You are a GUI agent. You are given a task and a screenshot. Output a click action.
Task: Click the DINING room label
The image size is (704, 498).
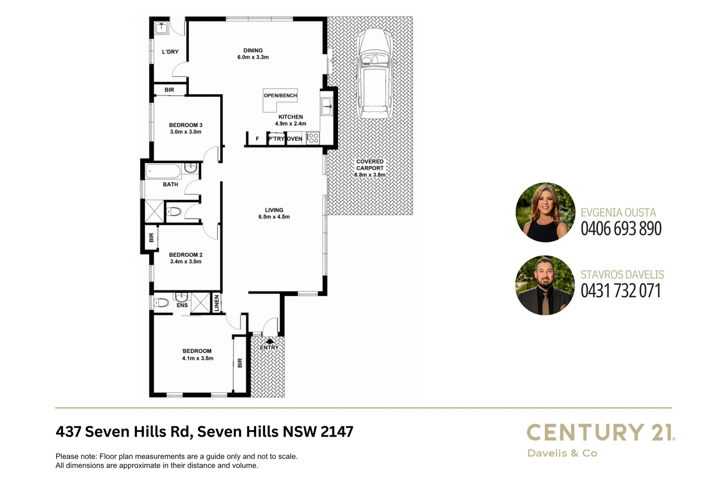pos(253,50)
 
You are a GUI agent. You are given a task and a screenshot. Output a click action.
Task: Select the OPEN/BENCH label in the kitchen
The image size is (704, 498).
pos(280,95)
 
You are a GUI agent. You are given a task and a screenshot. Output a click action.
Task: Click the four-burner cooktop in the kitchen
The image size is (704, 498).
pos(313,138)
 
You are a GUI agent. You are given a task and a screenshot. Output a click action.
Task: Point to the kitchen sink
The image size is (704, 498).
pos(326,107)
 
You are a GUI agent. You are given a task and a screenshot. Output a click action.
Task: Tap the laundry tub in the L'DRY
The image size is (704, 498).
pos(161,29)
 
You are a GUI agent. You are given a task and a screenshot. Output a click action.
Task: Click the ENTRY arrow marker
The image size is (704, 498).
pos(270,342)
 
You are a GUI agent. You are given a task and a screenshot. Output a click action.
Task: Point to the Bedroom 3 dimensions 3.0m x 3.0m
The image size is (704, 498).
pos(186,132)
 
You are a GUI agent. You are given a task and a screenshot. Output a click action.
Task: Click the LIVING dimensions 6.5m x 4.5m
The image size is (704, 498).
pos(274,217)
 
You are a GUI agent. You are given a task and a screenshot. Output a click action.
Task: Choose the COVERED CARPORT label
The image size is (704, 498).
pos(370,165)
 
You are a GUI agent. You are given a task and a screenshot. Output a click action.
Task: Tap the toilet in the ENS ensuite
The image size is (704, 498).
pos(161,303)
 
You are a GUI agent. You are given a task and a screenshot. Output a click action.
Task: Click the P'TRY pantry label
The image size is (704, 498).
pos(276,138)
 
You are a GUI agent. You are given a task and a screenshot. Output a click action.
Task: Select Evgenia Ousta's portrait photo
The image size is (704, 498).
pos(545,213)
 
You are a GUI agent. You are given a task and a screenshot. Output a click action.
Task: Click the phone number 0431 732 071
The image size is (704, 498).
pos(621,291)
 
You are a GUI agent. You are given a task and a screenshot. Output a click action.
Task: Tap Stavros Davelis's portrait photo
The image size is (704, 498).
pos(545,285)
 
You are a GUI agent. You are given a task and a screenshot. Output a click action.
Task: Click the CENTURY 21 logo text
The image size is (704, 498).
pos(600,433)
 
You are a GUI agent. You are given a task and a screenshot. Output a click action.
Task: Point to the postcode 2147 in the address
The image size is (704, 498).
pos(337,432)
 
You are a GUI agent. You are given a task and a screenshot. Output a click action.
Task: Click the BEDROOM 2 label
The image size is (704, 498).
pos(186,255)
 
